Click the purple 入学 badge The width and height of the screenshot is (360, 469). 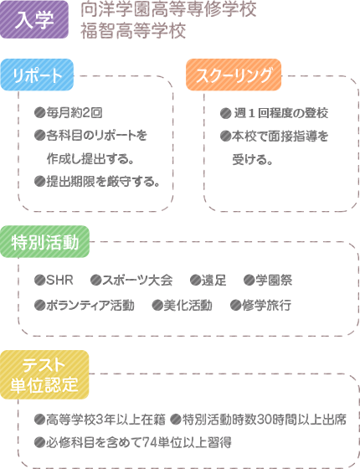coord(34,19)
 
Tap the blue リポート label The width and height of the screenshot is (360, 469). coord(37,75)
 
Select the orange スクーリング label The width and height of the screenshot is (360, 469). coord(234,75)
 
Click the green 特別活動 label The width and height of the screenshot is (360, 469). coord(44,242)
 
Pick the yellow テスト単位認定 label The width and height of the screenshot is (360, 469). coord(44,374)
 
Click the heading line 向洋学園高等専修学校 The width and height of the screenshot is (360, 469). coord(168,10)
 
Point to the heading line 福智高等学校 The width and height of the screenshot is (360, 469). coord(133,31)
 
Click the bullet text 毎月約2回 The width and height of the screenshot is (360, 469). coord(75,113)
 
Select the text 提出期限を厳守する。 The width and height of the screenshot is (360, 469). coord(103,181)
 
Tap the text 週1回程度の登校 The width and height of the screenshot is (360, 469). coord(280,113)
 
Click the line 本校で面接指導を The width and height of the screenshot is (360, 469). coord(280,136)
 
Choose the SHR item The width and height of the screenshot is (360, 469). coord(59,281)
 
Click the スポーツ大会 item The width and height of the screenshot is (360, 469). coord(137,281)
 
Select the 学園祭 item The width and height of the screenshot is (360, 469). coord(274,281)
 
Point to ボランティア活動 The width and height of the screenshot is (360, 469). coord(90,306)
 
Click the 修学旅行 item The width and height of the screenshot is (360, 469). coord(266,306)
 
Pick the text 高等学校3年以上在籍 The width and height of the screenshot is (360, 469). coord(105,420)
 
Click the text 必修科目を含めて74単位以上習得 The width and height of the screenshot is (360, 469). coord(139,442)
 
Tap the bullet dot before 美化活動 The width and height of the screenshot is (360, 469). coord(157,306)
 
